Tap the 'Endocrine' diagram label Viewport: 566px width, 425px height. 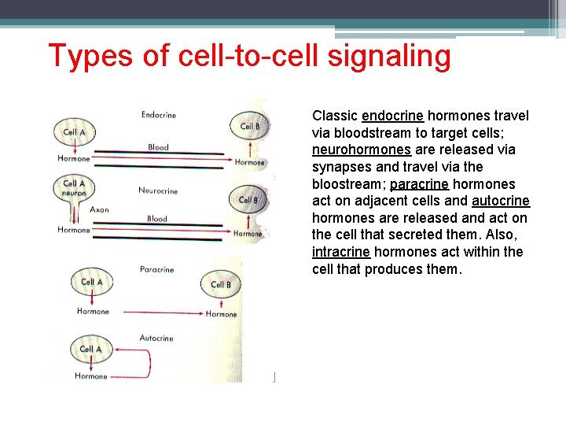[159, 115]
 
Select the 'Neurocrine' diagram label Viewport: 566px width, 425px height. [158, 190]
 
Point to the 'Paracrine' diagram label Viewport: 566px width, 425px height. [156, 269]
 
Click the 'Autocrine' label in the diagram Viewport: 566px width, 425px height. [156, 338]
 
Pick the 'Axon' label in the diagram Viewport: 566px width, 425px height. [99, 210]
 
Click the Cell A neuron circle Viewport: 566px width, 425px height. [74, 187]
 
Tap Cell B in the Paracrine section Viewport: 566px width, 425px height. [221, 284]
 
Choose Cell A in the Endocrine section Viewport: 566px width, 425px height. [74, 132]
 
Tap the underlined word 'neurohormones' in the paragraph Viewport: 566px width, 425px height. [361, 150]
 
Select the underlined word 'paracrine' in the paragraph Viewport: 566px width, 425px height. [419, 184]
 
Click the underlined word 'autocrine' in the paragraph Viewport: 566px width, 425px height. [501, 201]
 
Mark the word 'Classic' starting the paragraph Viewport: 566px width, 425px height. [335, 116]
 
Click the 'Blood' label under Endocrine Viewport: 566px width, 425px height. [158, 147]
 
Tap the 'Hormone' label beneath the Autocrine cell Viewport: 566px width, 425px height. [91, 376]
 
